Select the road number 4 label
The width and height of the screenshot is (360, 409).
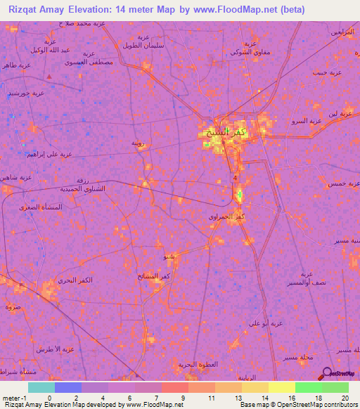235,178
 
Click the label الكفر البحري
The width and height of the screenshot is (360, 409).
77,280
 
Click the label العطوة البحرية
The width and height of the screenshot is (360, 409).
194,364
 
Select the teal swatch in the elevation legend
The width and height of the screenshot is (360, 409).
41,387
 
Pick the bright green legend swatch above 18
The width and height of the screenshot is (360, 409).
308,387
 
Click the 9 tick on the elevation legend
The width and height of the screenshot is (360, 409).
184,399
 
